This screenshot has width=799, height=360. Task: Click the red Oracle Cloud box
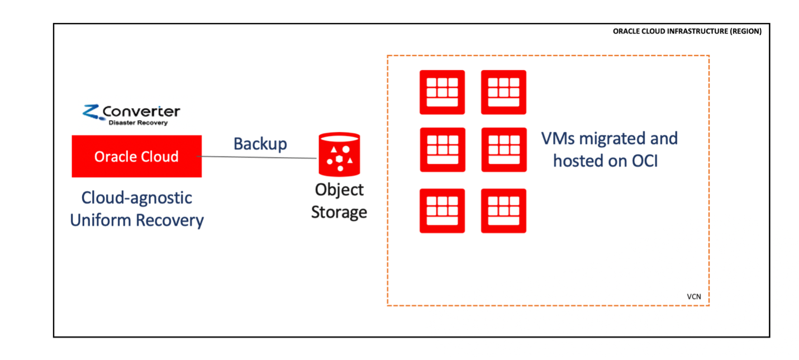pos(136,157)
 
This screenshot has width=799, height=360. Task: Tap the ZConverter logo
pos(132,113)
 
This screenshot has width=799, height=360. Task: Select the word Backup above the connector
pos(260,144)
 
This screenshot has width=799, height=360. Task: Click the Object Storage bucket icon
pos(339,154)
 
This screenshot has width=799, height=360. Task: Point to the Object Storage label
pos(339,201)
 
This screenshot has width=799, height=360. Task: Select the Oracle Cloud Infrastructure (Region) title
pos(687,32)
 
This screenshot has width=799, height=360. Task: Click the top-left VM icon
pos(442,92)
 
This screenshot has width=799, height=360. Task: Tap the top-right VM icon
pos(503,92)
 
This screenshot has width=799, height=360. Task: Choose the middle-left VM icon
pos(442,150)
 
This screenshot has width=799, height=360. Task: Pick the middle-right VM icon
pos(503,150)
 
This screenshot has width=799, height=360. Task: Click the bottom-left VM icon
pos(442,211)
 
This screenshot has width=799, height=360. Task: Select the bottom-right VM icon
pos(503,211)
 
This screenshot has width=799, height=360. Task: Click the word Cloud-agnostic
pos(137,198)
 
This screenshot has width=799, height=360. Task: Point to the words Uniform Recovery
pos(137,220)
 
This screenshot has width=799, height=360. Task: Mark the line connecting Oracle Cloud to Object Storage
pos(259,158)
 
